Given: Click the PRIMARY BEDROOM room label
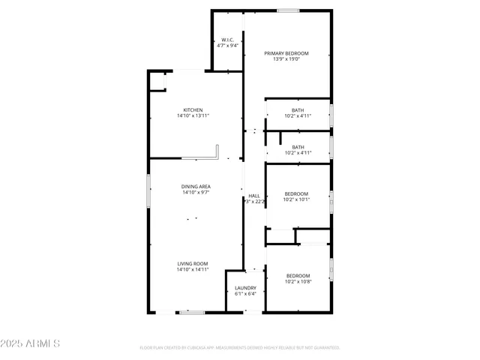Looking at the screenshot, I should [286, 53].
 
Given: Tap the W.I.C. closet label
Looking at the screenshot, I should [227, 40].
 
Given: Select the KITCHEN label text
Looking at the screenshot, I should [193, 109].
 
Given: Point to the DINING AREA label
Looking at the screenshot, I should [195, 186].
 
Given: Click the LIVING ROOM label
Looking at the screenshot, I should [193, 263].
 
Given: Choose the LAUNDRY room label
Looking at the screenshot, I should [245, 288].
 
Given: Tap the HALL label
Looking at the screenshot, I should [254, 195].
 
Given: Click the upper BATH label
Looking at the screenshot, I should [298, 110].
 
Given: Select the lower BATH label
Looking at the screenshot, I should [298, 147].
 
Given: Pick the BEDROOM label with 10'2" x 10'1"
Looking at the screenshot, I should [298, 193].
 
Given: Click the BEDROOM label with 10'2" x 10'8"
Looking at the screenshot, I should [298, 276].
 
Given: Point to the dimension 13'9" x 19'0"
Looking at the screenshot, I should [286, 59].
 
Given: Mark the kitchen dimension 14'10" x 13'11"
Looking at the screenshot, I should [193, 115].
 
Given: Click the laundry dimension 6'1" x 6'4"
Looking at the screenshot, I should [245, 294].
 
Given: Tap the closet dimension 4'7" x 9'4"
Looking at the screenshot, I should [227, 46].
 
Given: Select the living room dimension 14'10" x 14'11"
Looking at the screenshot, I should [193, 269].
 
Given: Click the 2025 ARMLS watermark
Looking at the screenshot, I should [31, 343].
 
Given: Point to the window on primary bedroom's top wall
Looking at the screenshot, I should [287, 10].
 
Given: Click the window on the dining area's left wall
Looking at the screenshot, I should [148, 190].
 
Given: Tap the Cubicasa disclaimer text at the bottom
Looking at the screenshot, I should [240, 348].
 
